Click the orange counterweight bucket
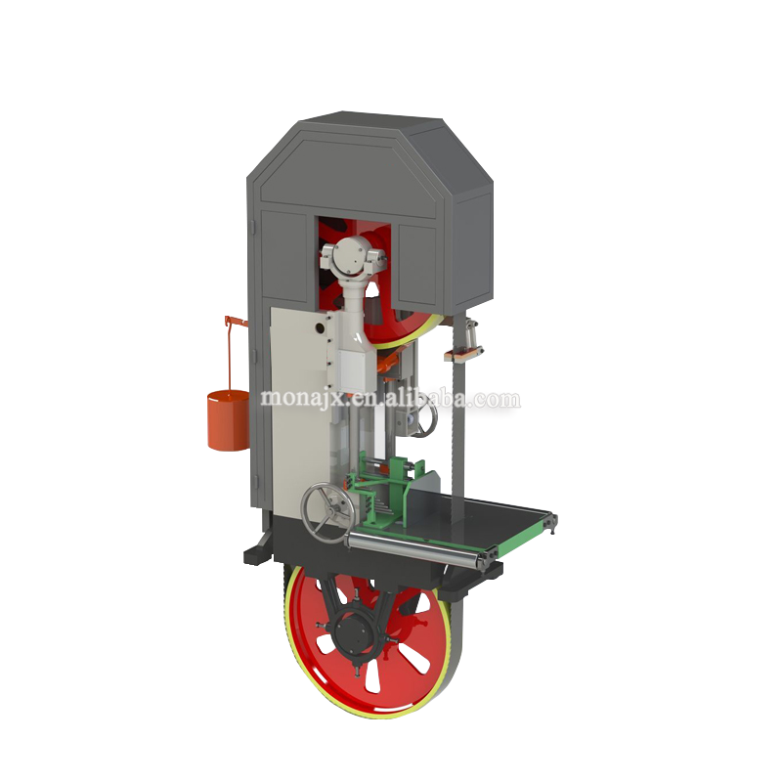click(x=228, y=420)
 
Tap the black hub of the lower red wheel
click(x=354, y=633)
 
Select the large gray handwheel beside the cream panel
click(x=327, y=512)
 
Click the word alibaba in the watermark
click(x=425, y=398)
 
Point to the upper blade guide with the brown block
click(x=464, y=344)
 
